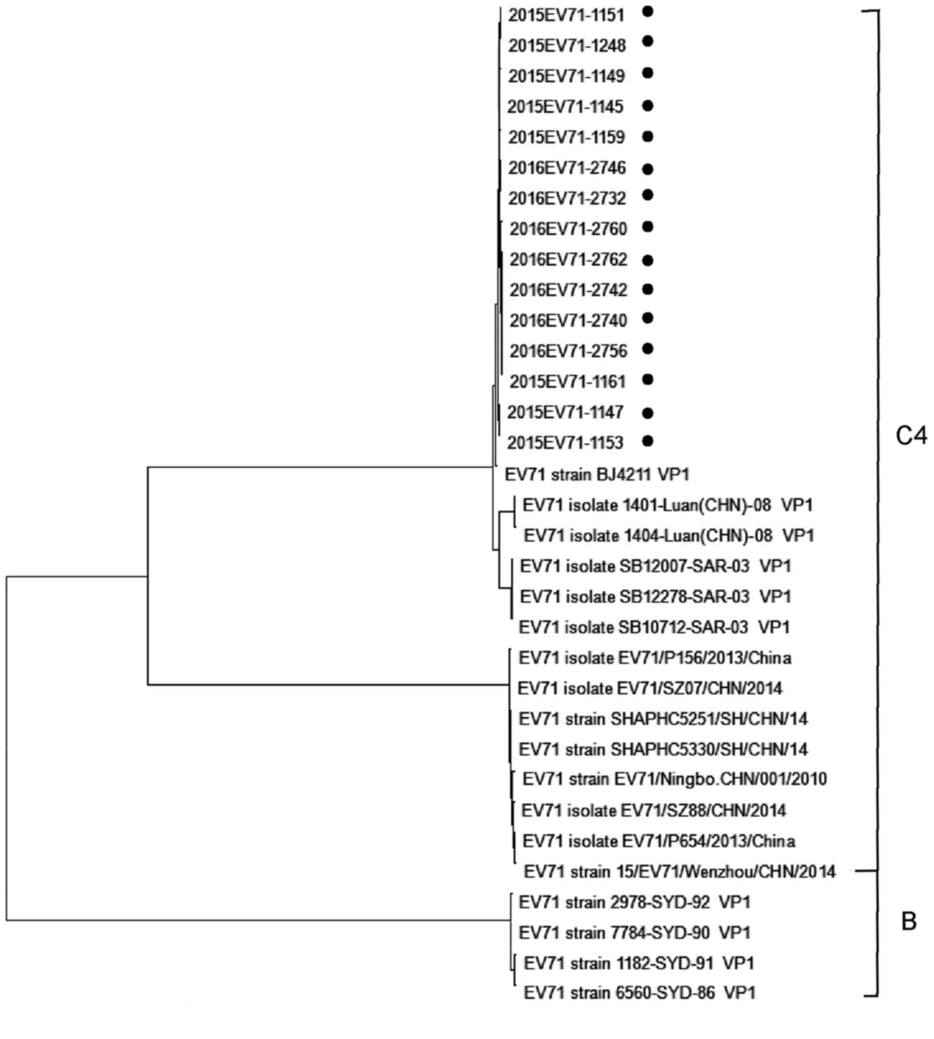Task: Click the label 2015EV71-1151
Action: click(x=566, y=16)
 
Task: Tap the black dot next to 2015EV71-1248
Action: click(x=647, y=41)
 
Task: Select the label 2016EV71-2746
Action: click(x=567, y=168)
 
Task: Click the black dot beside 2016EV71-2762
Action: click(x=647, y=260)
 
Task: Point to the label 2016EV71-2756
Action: click(x=568, y=351)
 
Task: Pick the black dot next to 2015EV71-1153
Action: click(x=647, y=441)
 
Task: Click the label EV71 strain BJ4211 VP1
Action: click(x=597, y=474)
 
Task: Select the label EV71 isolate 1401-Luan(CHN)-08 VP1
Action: click(x=668, y=505)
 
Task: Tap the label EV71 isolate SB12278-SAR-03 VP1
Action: click(x=656, y=597)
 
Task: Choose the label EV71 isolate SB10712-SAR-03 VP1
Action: click(x=654, y=627)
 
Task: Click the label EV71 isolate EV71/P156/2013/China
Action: click(x=655, y=658)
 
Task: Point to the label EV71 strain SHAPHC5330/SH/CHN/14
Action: click(x=663, y=750)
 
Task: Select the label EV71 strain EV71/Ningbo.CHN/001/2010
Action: click(x=675, y=779)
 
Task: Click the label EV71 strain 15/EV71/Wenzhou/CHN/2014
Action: click(x=680, y=871)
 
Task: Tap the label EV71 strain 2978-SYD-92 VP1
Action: click(x=635, y=903)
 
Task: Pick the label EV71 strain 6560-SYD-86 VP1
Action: click(x=639, y=993)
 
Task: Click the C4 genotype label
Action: click(x=911, y=436)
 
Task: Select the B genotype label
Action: click(x=909, y=922)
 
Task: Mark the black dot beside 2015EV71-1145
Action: click(x=647, y=106)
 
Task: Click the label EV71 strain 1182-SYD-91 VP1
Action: click(x=639, y=964)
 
